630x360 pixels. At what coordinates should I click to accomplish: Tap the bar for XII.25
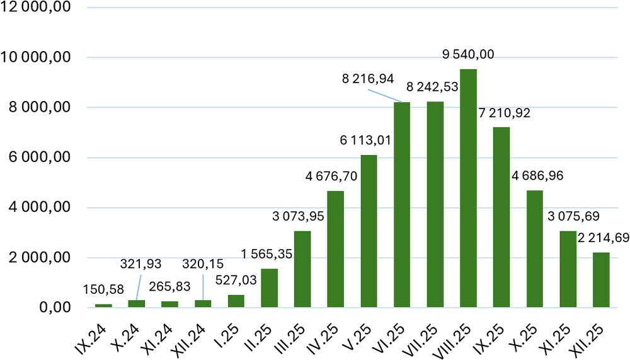pyautogui.click(x=601, y=281)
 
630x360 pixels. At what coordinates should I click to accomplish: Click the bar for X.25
pyautogui.click(x=535, y=249)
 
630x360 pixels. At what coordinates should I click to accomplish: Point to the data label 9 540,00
pyautogui.click(x=468, y=54)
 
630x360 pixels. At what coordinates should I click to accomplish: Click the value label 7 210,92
pyautogui.click(x=503, y=113)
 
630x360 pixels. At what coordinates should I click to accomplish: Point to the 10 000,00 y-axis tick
pyautogui.click(x=40, y=58)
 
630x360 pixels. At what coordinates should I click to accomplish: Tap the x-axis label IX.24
pyautogui.click(x=97, y=335)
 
